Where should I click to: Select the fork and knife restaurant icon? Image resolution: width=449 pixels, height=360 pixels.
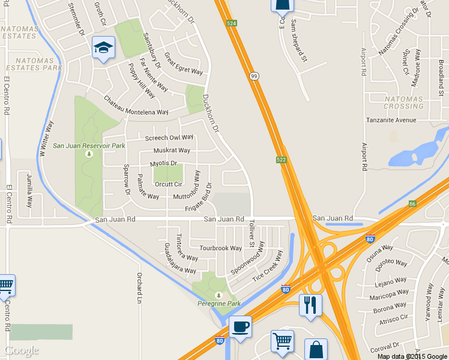(x=310, y=305)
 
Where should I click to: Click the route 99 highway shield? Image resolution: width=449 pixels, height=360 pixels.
(x=255, y=75)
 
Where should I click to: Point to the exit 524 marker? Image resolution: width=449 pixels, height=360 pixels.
(x=232, y=23)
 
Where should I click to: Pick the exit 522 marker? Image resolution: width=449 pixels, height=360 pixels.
(x=281, y=159)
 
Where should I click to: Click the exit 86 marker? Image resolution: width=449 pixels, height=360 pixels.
(x=412, y=203)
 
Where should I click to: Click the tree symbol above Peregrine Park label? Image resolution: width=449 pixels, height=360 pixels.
(x=218, y=295)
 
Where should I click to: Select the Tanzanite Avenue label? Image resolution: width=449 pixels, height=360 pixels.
(x=391, y=120)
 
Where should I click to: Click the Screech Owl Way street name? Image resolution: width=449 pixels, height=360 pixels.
(x=173, y=137)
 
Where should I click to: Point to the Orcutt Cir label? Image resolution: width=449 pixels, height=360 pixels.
(x=169, y=184)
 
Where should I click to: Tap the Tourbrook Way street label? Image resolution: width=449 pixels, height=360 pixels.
(x=220, y=248)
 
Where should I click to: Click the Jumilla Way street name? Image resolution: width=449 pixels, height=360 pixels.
(x=29, y=190)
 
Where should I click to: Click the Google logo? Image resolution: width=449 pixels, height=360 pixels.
(x=22, y=350)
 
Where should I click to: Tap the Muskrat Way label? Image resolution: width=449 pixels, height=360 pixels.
(x=172, y=151)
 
